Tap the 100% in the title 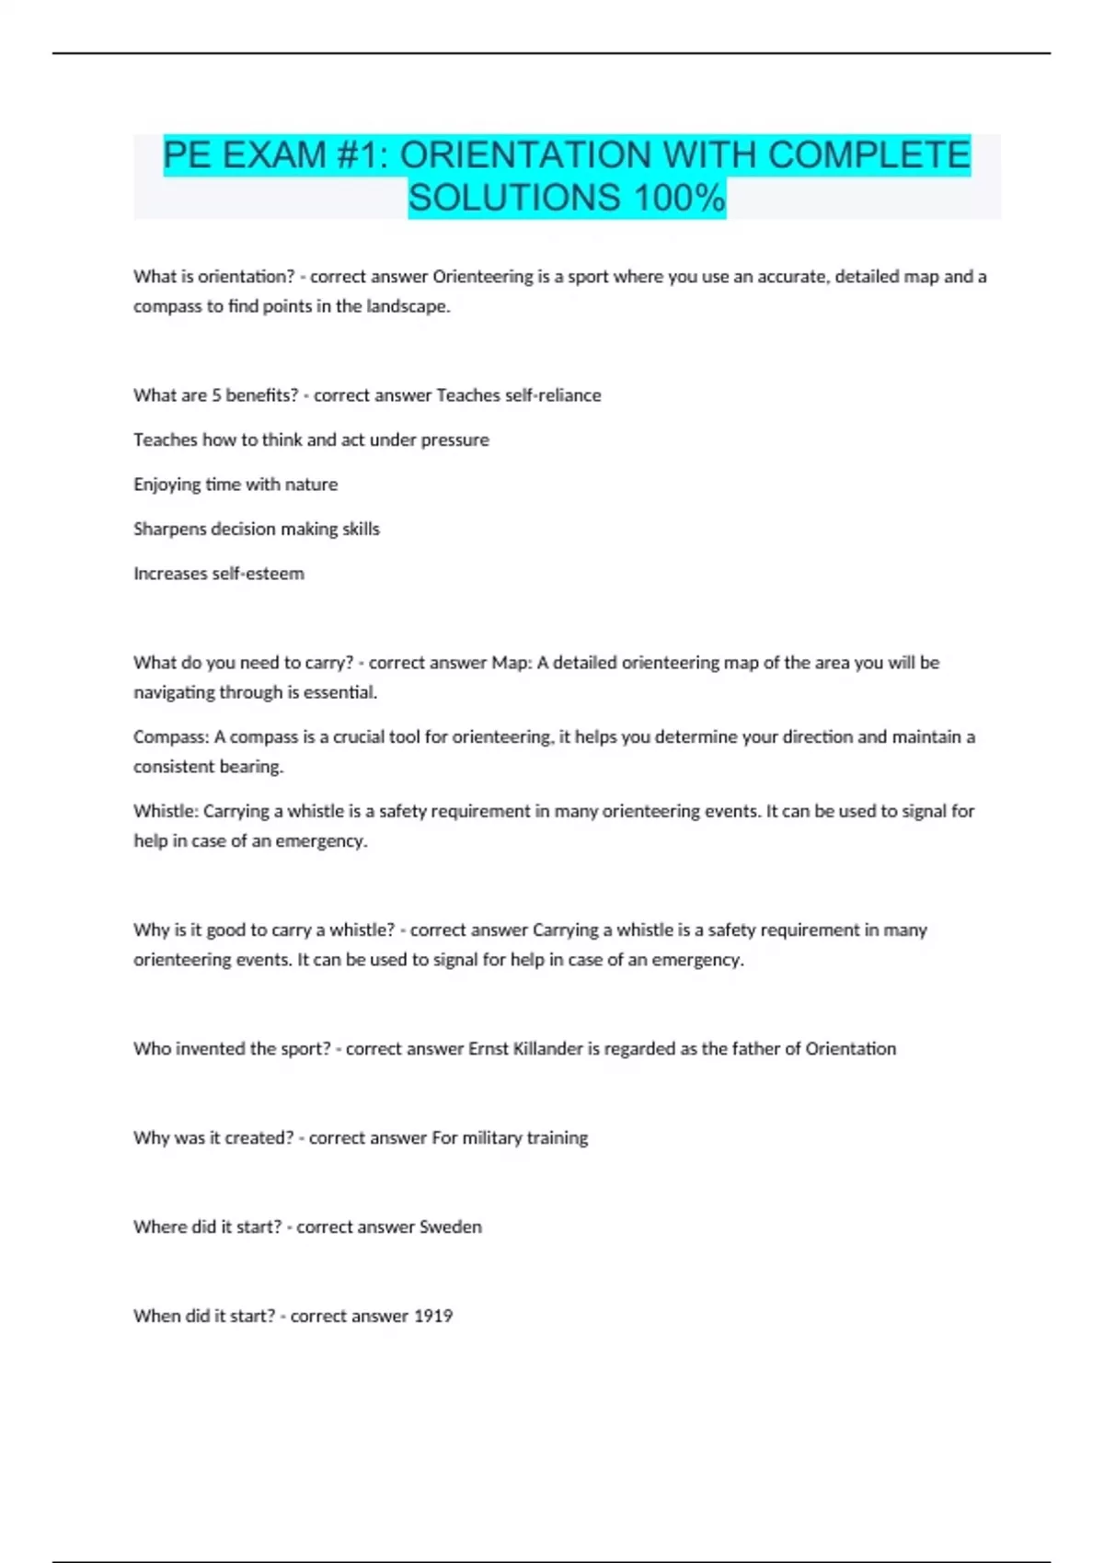pyautogui.click(x=679, y=198)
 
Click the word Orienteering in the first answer pyautogui.click(x=483, y=277)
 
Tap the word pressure pyautogui.click(x=454, y=439)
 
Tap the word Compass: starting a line pyautogui.click(x=171, y=737)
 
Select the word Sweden pyautogui.click(x=450, y=1227)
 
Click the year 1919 pyautogui.click(x=432, y=1317)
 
